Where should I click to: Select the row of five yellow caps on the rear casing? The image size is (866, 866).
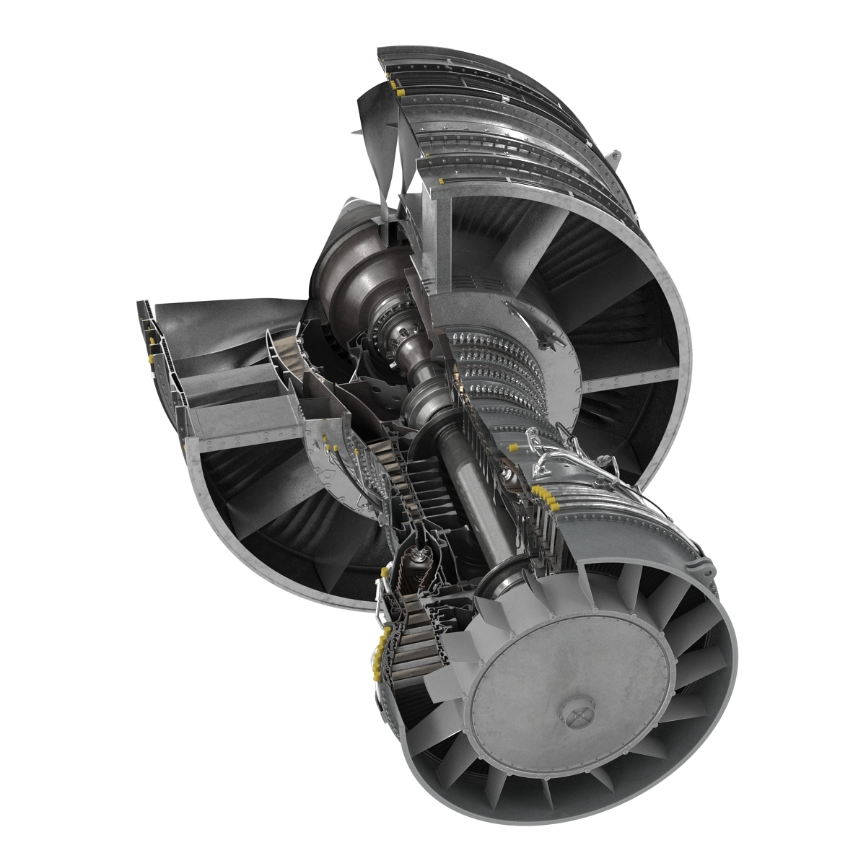[x=546, y=498]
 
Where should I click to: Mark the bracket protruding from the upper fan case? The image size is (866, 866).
[x=615, y=157]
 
